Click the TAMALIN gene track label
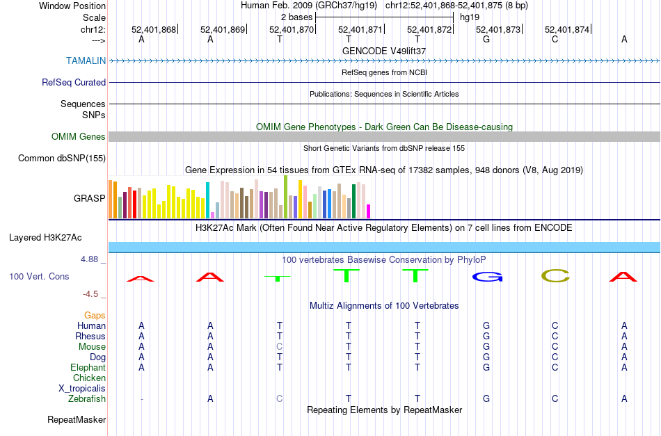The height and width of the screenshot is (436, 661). tap(86, 60)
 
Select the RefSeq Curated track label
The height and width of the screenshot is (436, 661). tap(74, 82)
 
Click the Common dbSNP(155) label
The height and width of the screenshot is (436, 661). tap(62, 158)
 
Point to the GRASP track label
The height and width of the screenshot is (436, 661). tap(90, 198)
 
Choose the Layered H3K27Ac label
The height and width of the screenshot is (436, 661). tap(45, 237)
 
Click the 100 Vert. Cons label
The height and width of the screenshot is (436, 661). tap(39, 276)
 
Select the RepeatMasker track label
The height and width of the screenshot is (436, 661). tap(77, 419)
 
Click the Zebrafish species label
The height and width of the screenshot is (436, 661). tap(87, 398)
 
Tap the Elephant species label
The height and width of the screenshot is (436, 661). tap(88, 367)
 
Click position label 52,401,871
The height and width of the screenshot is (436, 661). tap(360, 29)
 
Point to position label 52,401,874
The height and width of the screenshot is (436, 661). tap(567, 29)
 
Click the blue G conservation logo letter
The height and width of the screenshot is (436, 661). tap(486, 277)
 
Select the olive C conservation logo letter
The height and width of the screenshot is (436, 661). tap(555, 276)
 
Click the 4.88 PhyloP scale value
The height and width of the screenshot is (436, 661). tap(93, 259)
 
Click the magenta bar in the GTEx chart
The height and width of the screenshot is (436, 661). tap(369, 211)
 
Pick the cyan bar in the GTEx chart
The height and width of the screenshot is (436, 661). tap(208, 200)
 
